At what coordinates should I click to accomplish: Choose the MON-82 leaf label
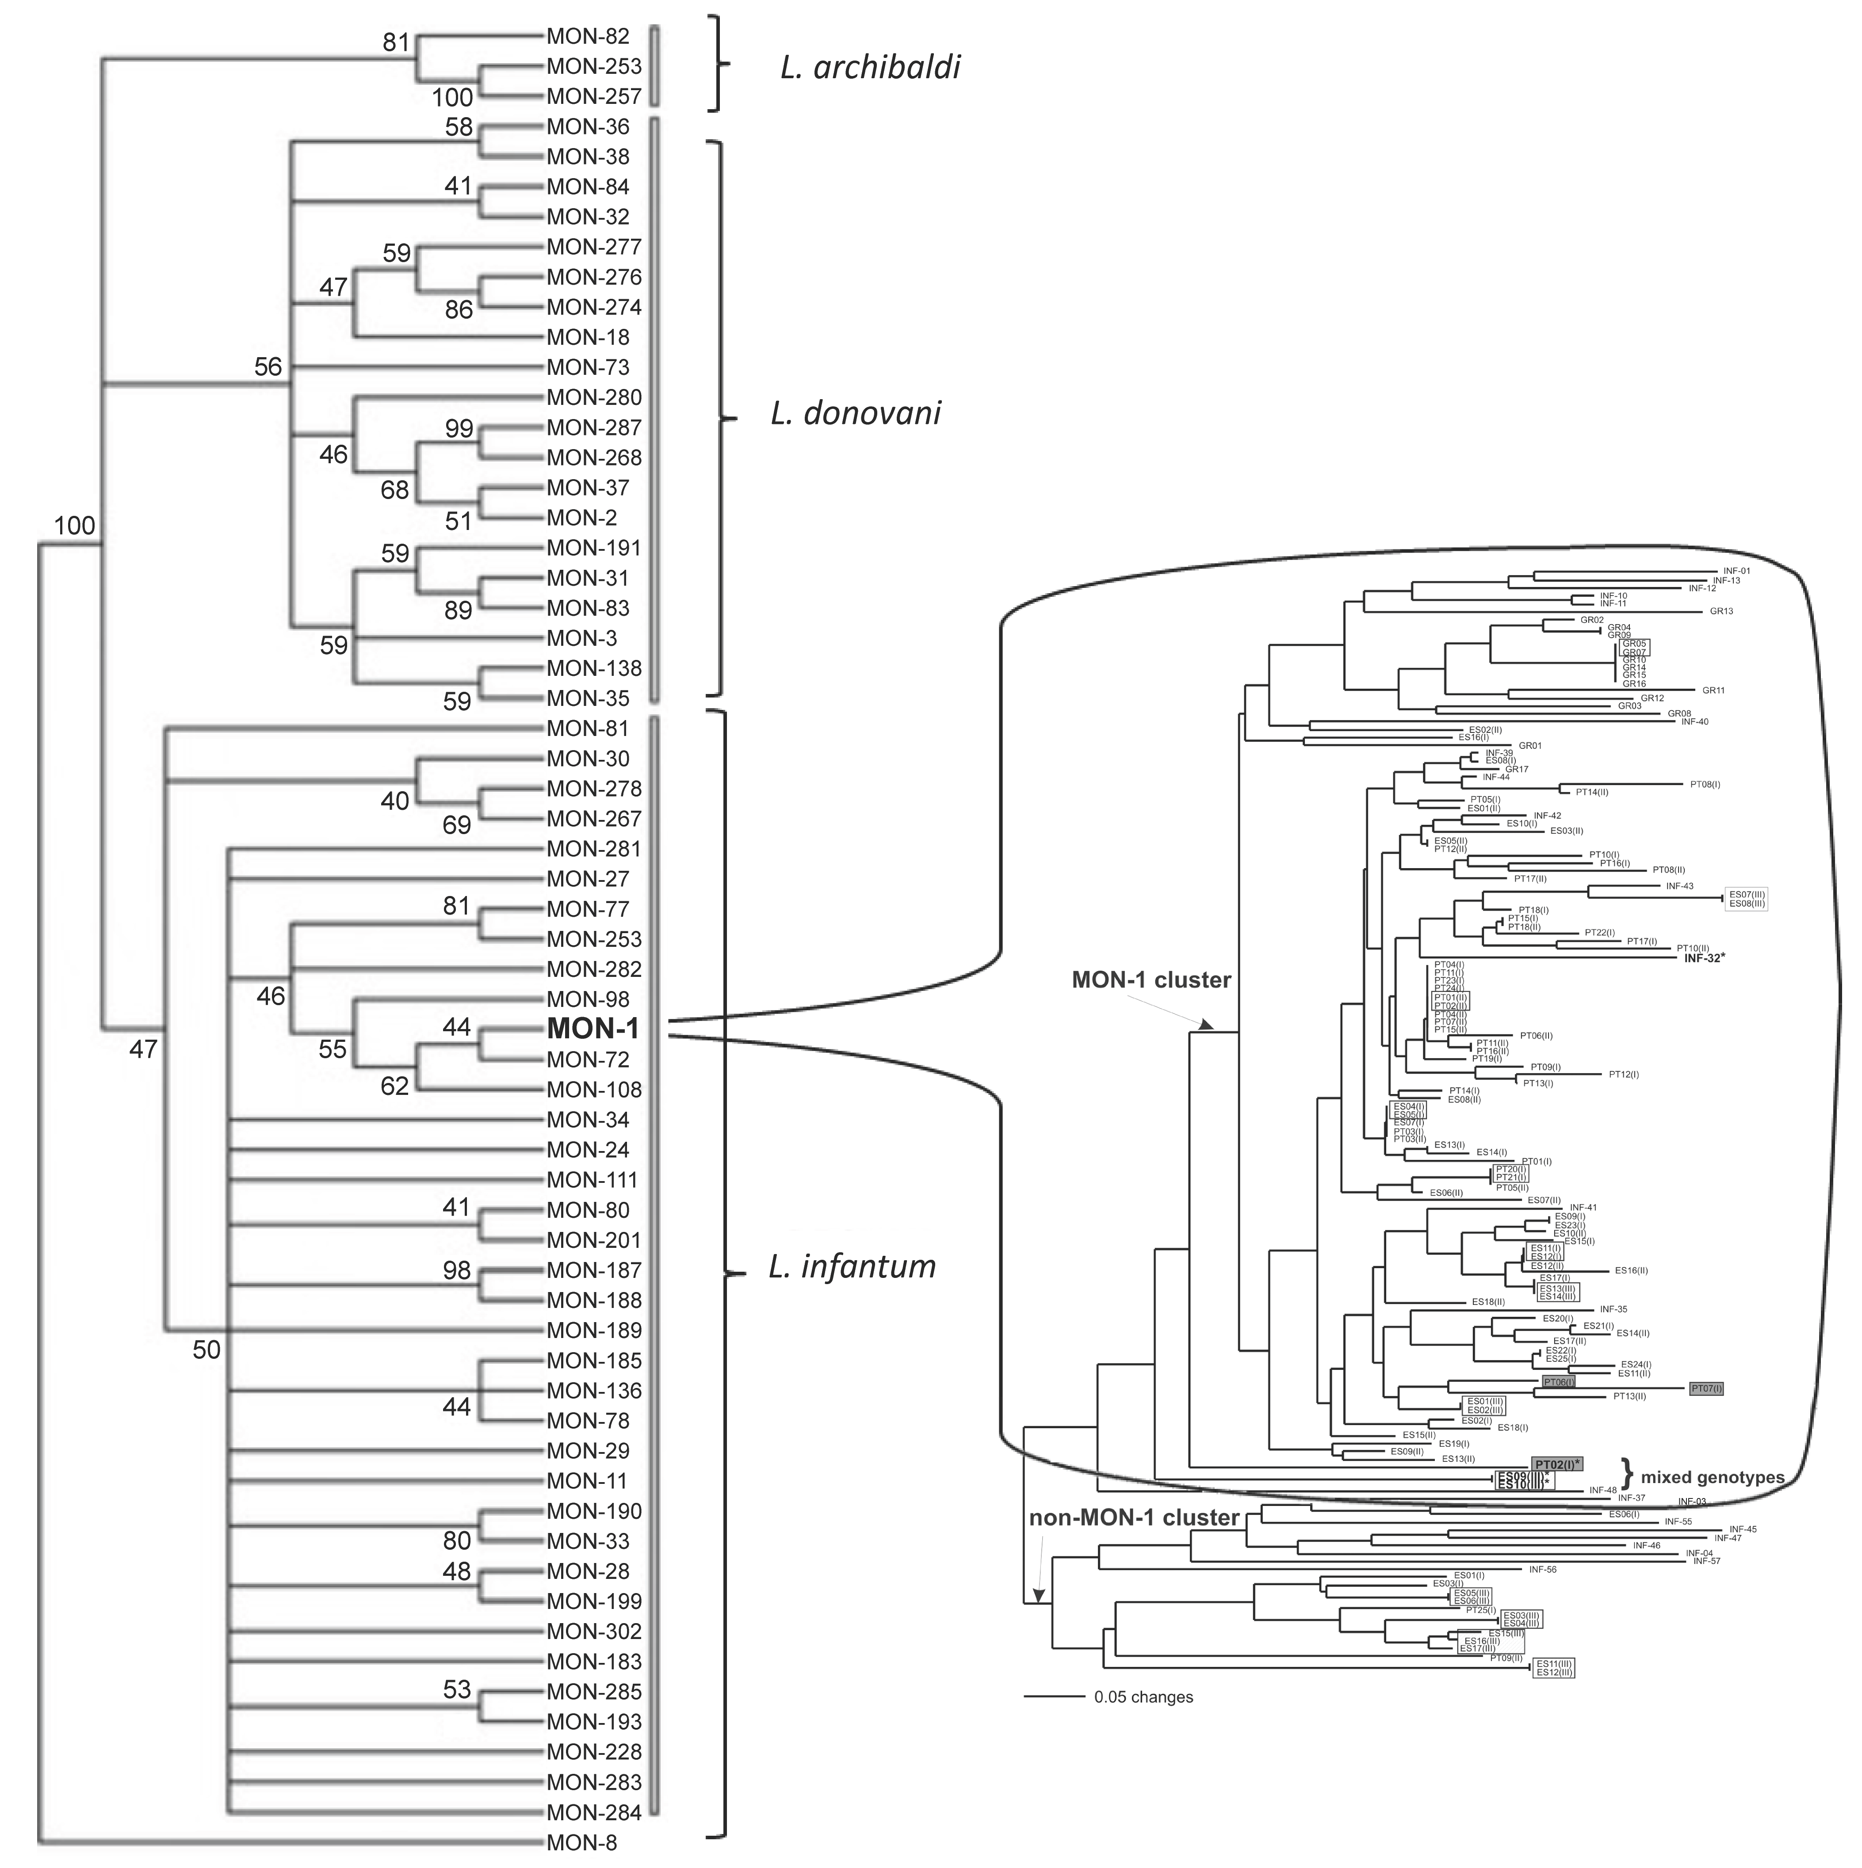tap(587, 37)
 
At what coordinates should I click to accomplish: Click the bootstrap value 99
tap(459, 428)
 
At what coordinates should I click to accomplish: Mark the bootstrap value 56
tap(268, 366)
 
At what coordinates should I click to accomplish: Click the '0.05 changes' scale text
tap(1143, 1697)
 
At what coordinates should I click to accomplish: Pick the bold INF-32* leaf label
tap(1704, 958)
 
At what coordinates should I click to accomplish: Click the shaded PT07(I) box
tap(1705, 1388)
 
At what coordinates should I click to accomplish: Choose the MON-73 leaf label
tap(587, 367)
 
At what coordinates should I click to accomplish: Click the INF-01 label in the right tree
tap(1736, 571)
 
